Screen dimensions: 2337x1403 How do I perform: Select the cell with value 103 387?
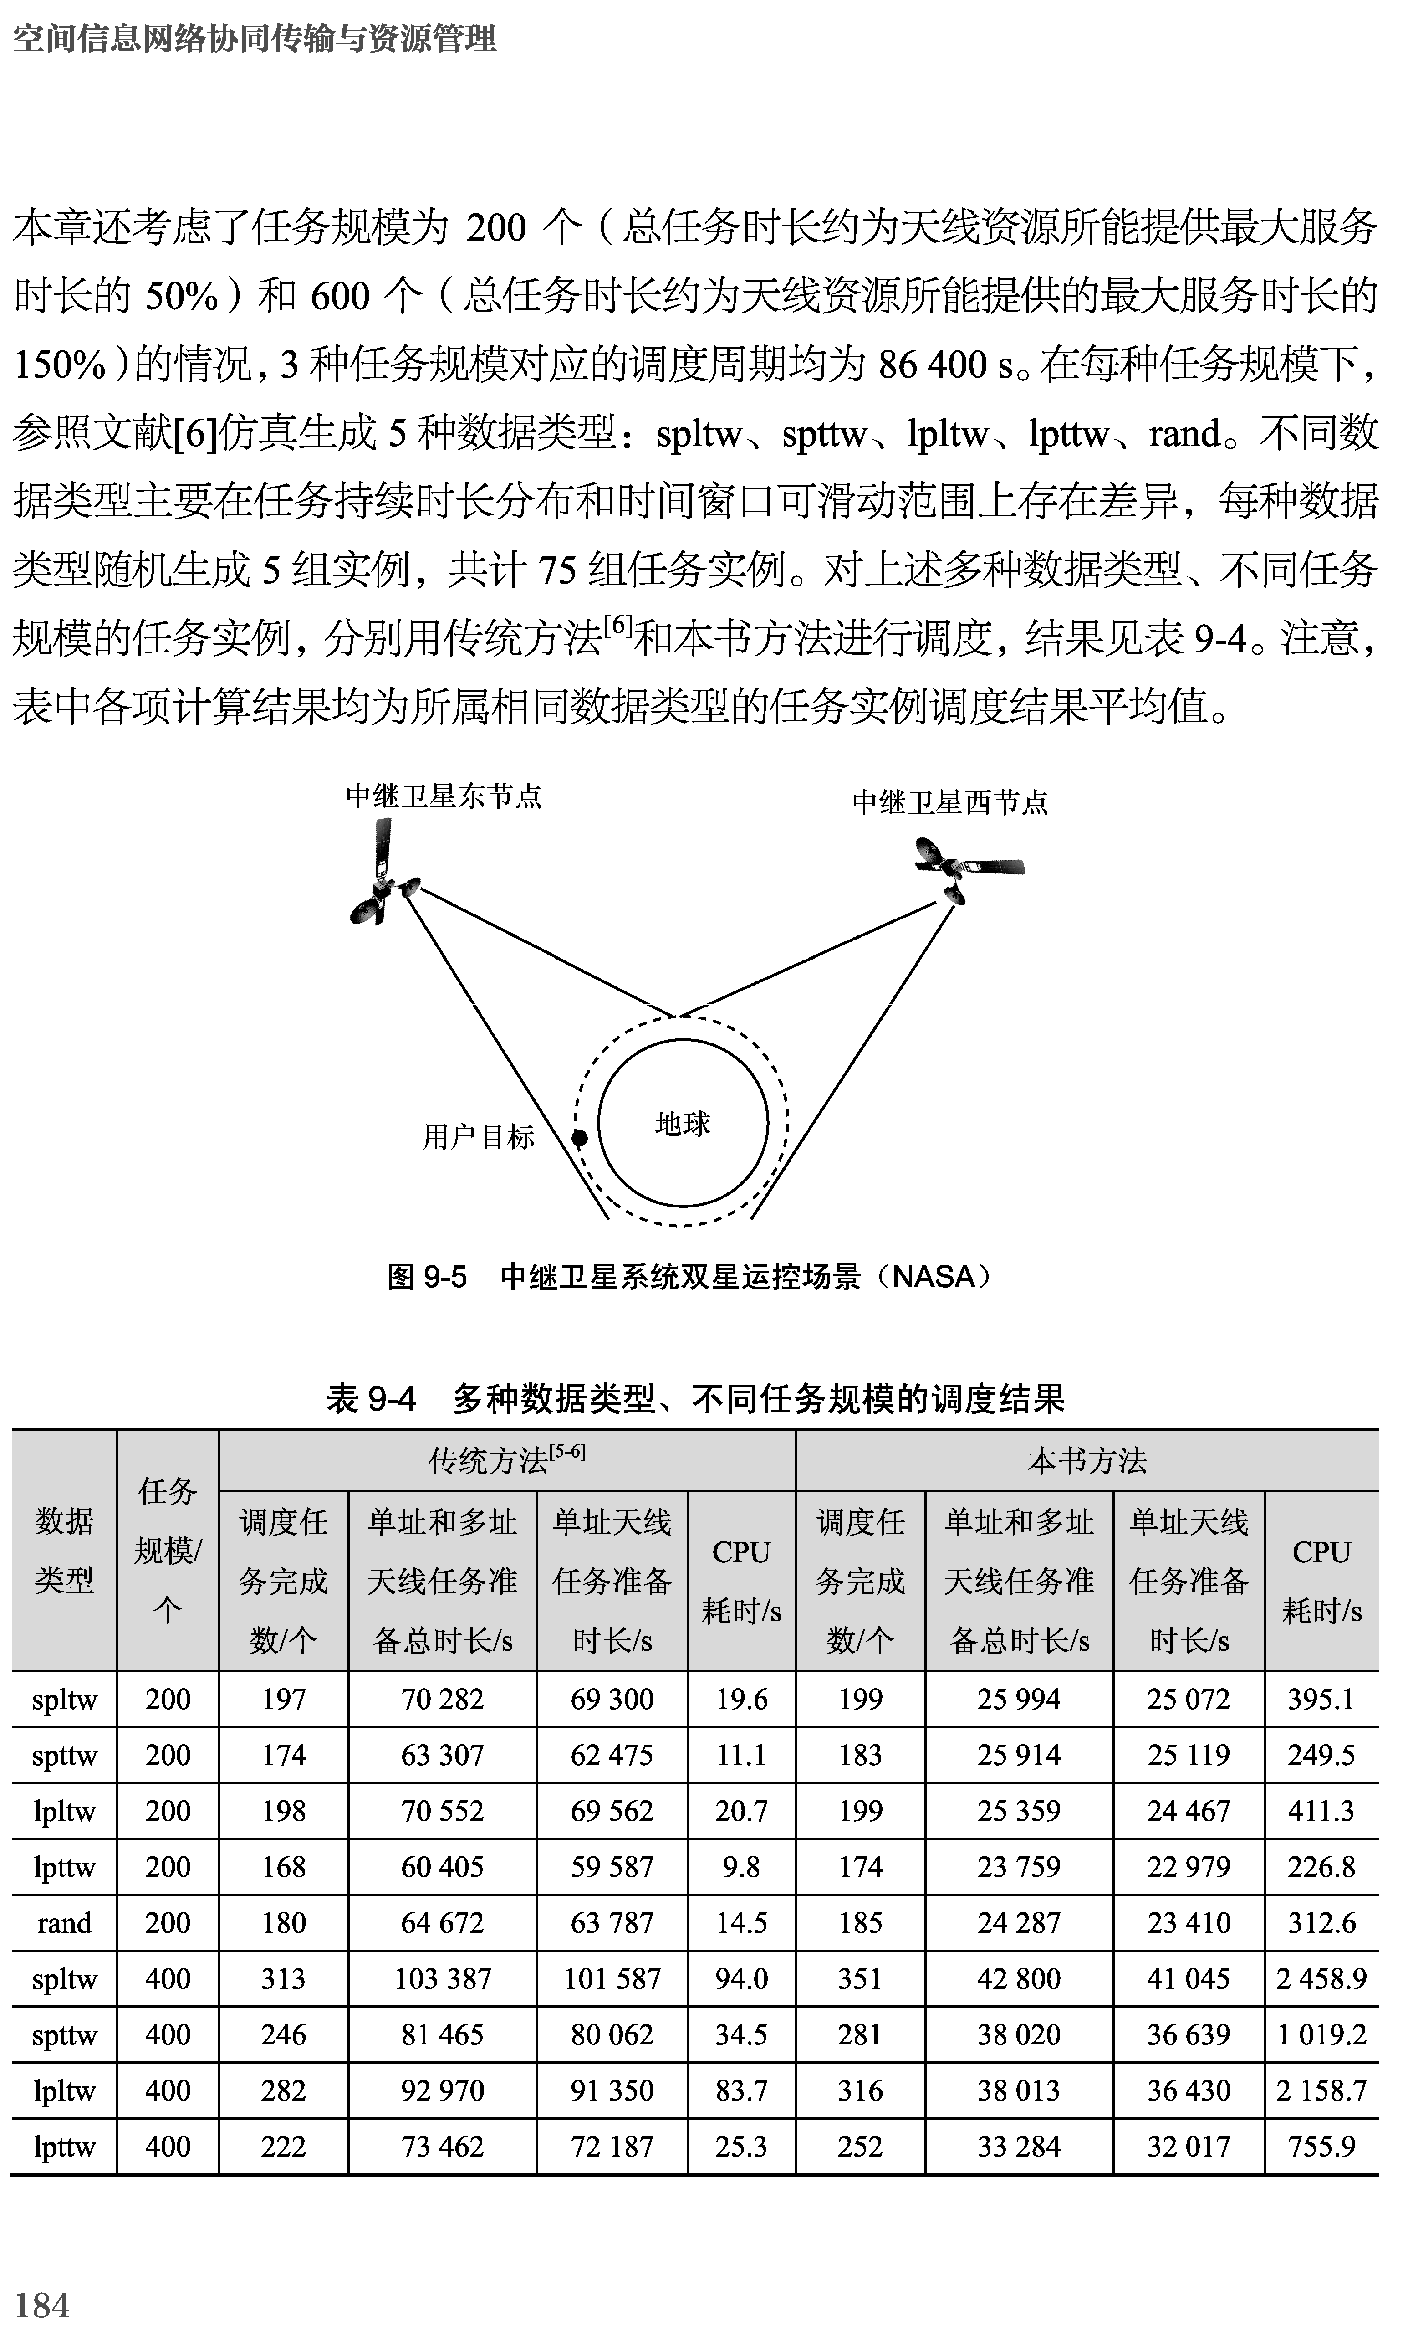point(443,1978)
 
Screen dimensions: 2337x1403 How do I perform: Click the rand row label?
point(64,1923)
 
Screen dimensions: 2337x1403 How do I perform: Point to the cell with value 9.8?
point(741,1867)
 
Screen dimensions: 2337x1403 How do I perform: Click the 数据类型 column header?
point(64,1551)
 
